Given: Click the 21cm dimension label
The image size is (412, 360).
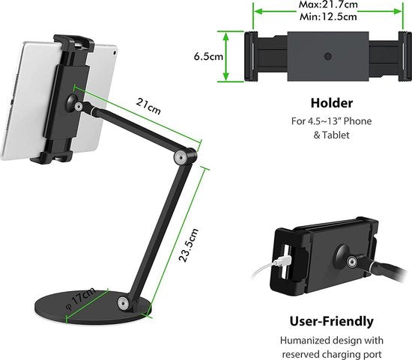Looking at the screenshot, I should pyautogui.click(x=148, y=104).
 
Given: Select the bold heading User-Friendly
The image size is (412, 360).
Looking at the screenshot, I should pyautogui.click(x=330, y=322).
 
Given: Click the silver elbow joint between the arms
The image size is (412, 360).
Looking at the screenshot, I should pyautogui.click(x=181, y=156).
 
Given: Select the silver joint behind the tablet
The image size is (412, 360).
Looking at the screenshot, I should pyautogui.click(x=75, y=106).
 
